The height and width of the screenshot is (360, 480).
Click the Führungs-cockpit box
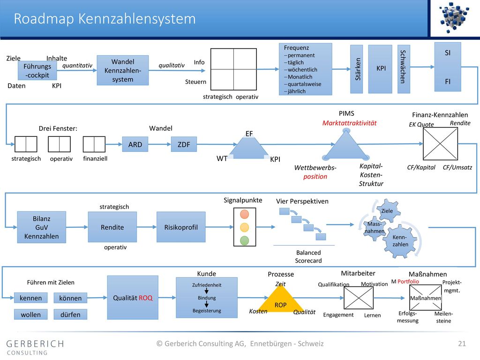(x=37, y=70)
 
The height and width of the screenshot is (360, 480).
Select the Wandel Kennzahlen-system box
(x=123, y=70)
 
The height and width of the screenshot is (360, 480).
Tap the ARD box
(x=135, y=144)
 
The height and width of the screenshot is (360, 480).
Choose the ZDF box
(x=184, y=144)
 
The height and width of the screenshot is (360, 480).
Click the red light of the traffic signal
(x=245, y=214)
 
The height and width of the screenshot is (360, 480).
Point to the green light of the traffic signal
(x=245, y=240)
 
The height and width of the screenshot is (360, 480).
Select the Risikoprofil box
(x=181, y=227)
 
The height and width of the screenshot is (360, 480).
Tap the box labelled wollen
(x=30, y=315)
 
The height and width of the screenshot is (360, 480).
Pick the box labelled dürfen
(x=70, y=315)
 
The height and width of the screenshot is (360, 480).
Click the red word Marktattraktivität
(x=349, y=123)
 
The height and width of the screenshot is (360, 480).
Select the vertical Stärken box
(x=357, y=69)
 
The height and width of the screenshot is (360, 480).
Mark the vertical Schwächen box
(x=404, y=69)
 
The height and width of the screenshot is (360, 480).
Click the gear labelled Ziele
(x=388, y=210)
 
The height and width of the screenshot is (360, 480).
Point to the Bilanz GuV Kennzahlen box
(x=42, y=227)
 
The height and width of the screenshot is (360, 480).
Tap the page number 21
(x=462, y=344)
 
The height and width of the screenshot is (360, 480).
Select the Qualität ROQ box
(x=133, y=298)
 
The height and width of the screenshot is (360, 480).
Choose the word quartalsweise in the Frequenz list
(x=304, y=84)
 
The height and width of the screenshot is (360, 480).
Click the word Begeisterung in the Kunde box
(x=207, y=311)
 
